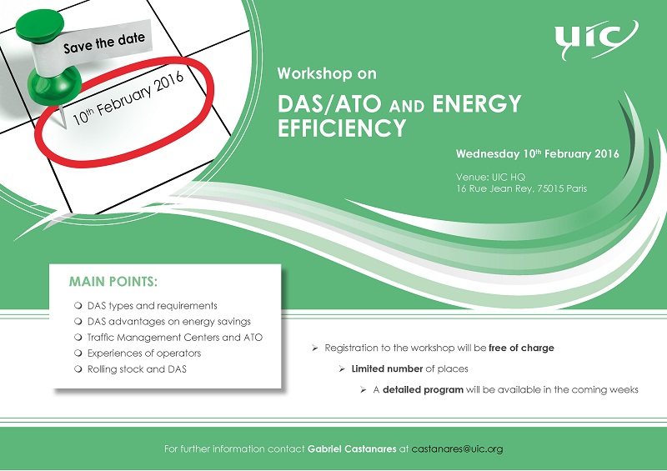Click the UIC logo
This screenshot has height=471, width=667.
tap(595, 38)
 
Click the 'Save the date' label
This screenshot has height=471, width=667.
tap(104, 43)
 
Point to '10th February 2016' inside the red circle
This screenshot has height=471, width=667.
tap(128, 98)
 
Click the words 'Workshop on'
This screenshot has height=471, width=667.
tap(327, 73)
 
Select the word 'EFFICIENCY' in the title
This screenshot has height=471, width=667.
tap(342, 128)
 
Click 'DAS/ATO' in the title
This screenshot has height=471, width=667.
tap(329, 104)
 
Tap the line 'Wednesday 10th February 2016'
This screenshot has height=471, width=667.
tap(537, 153)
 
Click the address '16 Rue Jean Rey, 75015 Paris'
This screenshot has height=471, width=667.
tap(522, 188)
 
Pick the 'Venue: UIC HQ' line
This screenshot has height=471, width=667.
tap(490, 177)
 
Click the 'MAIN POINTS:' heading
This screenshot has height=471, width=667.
tap(113, 282)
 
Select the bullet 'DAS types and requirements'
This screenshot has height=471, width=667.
tap(153, 306)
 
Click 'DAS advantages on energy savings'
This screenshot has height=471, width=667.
tap(169, 322)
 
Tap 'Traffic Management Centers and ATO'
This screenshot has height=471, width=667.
tap(175, 338)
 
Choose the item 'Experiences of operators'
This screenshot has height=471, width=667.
tap(143, 353)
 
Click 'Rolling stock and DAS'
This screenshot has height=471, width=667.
tap(137, 369)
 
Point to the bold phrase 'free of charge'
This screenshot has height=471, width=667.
tap(522, 348)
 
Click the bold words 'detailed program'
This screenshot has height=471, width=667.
tap(423, 390)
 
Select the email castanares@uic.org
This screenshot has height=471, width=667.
tap(457, 448)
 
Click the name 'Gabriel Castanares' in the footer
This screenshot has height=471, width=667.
tap(352, 448)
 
